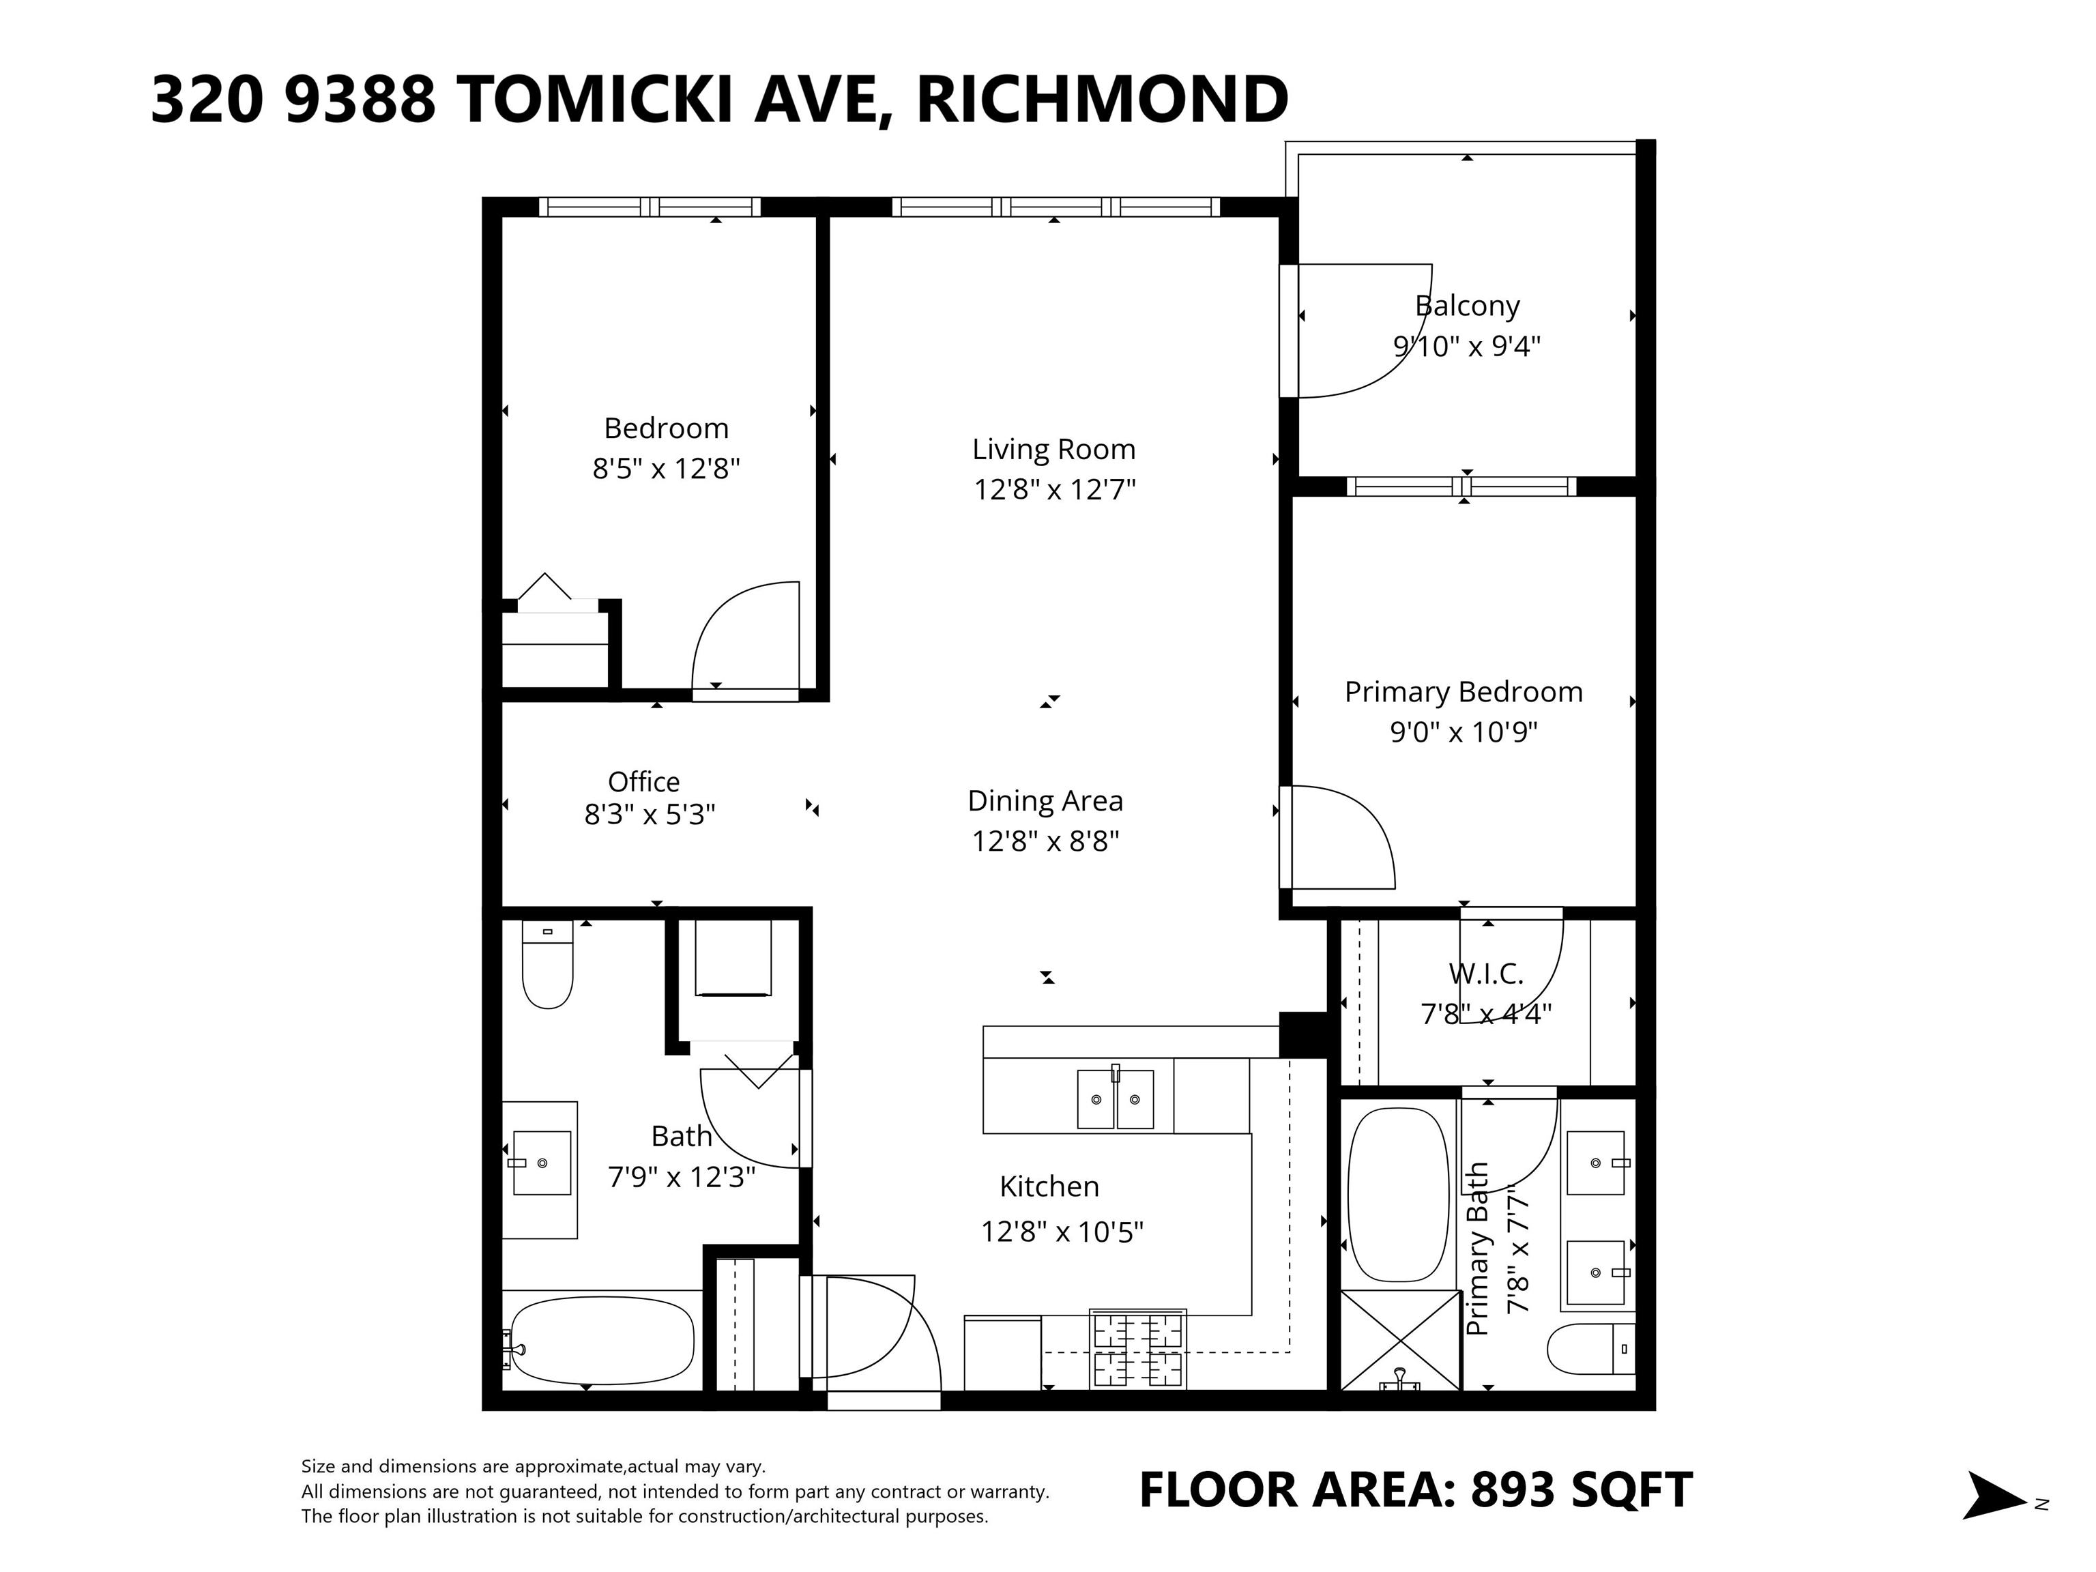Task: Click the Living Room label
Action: pyautogui.click(x=1053, y=449)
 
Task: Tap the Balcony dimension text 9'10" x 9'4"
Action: pyautogui.click(x=1467, y=346)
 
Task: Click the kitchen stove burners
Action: pyautogui.click(x=1138, y=1348)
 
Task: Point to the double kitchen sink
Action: pyautogui.click(x=1116, y=1098)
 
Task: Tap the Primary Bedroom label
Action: pyautogui.click(x=1463, y=692)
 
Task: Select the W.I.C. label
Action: pyautogui.click(x=1486, y=973)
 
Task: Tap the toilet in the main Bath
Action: pyautogui.click(x=548, y=965)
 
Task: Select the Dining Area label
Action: pyautogui.click(x=1045, y=801)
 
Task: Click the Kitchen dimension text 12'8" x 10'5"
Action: pyautogui.click(x=1062, y=1232)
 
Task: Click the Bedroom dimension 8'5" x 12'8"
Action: pyautogui.click(x=666, y=469)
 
